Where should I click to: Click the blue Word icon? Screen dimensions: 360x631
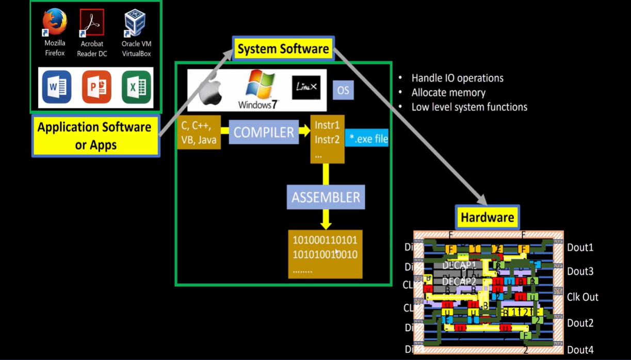tap(57, 87)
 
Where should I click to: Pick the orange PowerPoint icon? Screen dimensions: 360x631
tap(96, 87)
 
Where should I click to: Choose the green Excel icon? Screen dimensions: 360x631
tap(136, 87)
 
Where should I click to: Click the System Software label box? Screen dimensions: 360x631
tap(283, 49)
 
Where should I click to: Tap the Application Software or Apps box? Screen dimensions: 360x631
tap(95, 136)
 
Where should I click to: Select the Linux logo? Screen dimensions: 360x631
tap(306, 88)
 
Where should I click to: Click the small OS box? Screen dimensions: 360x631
tap(343, 91)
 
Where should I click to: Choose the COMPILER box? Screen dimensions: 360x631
tap(264, 133)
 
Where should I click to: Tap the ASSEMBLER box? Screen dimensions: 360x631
tap(326, 198)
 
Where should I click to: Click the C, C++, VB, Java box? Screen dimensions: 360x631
tap(199, 133)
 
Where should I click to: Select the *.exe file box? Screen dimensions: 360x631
tap(367, 138)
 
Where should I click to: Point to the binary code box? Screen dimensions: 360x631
tap(325, 254)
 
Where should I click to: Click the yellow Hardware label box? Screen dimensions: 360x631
tap(487, 217)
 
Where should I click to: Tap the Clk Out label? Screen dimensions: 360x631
tap(583, 297)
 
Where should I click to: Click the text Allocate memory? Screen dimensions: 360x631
tap(448, 93)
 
